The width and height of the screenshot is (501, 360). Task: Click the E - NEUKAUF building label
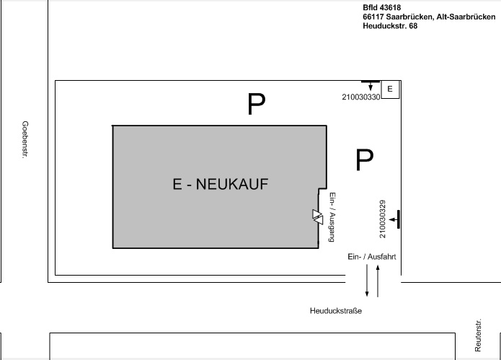pyautogui.click(x=221, y=184)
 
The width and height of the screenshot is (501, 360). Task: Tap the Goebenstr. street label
pyautogui.click(x=25, y=139)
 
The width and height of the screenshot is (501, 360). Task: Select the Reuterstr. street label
pyautogui.click(x=478, y=335)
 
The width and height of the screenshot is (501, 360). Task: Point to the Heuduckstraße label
pyautogui.click(x=336, y=311)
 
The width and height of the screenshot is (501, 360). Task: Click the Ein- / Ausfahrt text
pyautogui.click(x=372, y=257)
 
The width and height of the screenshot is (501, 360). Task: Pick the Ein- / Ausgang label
pyautogui.click(x=332, y=217)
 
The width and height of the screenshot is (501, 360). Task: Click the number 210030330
pyautogui.click(x=361, y=97)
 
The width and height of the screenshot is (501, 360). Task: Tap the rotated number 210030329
pyautogui.click(x=383, y=219)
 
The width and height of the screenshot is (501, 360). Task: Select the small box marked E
pyautogui.click(x=390, y=89)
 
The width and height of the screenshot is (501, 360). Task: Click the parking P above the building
pyautogui.click(x=256, y=104)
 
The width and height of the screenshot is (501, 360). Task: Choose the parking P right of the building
pyautogui.click(x=365, y=159)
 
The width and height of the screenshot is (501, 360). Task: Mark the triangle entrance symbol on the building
pyautogui.click(x=318, y=217)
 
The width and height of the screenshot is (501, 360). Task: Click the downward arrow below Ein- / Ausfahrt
pyautogui.click(x=367, y=281)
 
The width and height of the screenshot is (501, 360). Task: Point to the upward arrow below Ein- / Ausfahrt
pyautogui.click(x=378, y=281)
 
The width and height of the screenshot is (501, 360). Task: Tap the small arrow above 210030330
pyautogui.click(x=371, y=86)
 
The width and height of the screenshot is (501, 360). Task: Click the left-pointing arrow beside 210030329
pyautogui.click(x=393, y=219)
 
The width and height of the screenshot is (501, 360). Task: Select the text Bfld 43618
pyautogui.click(x=382, y=8)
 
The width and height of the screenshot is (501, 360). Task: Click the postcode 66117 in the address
pyautogui.click(x=373, y=17)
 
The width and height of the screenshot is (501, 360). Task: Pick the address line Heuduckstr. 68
pyautogui.click(x=390, y=26)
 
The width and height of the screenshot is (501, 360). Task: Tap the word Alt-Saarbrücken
pyautogui.click(x=466, y=17)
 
